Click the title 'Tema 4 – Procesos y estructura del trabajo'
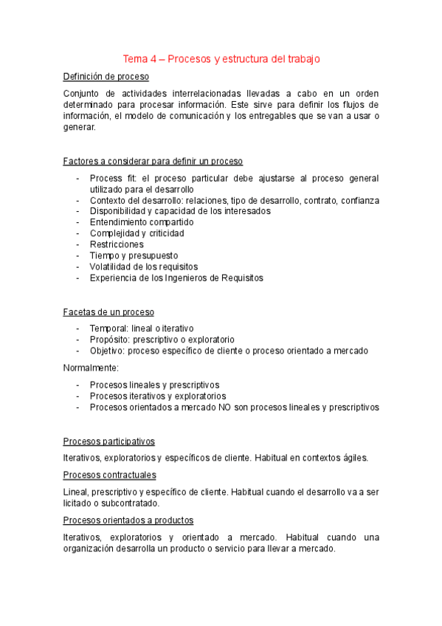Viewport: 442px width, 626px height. [x=221, y=59]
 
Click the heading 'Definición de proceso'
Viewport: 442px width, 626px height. [x=106, y=76]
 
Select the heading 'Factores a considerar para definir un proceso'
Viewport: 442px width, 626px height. [x=153, y=161]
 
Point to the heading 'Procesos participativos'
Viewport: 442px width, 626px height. [x=109, y=441]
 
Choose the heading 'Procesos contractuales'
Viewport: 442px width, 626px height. [x=109, y=475]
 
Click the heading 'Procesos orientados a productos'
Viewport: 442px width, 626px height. [x=128, y=520]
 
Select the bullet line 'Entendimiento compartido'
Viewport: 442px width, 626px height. [x=142, y=222]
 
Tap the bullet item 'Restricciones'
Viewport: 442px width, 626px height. [x=117, y=244]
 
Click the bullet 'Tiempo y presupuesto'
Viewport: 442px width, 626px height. [x=133, y=255]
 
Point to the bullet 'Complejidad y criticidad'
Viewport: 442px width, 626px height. [x=137, y=233]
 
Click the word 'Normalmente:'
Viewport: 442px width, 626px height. [x=91, y=368]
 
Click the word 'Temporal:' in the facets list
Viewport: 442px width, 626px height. [x=109, y=329]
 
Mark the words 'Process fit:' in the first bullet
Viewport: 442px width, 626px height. [x=113, y=179]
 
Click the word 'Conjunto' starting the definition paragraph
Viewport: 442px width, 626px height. [x=82, y=93]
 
